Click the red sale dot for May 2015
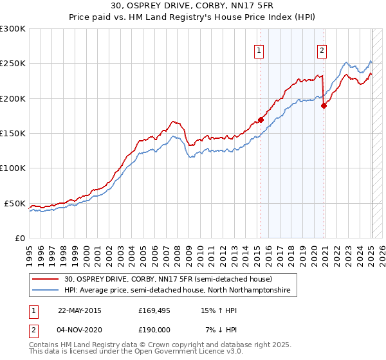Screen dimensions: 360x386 click(261, 120)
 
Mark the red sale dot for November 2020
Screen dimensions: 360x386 click(324, 106)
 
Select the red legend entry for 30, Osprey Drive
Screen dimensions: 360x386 click(169, 279)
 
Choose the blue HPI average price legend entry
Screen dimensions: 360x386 click(177, 291)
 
